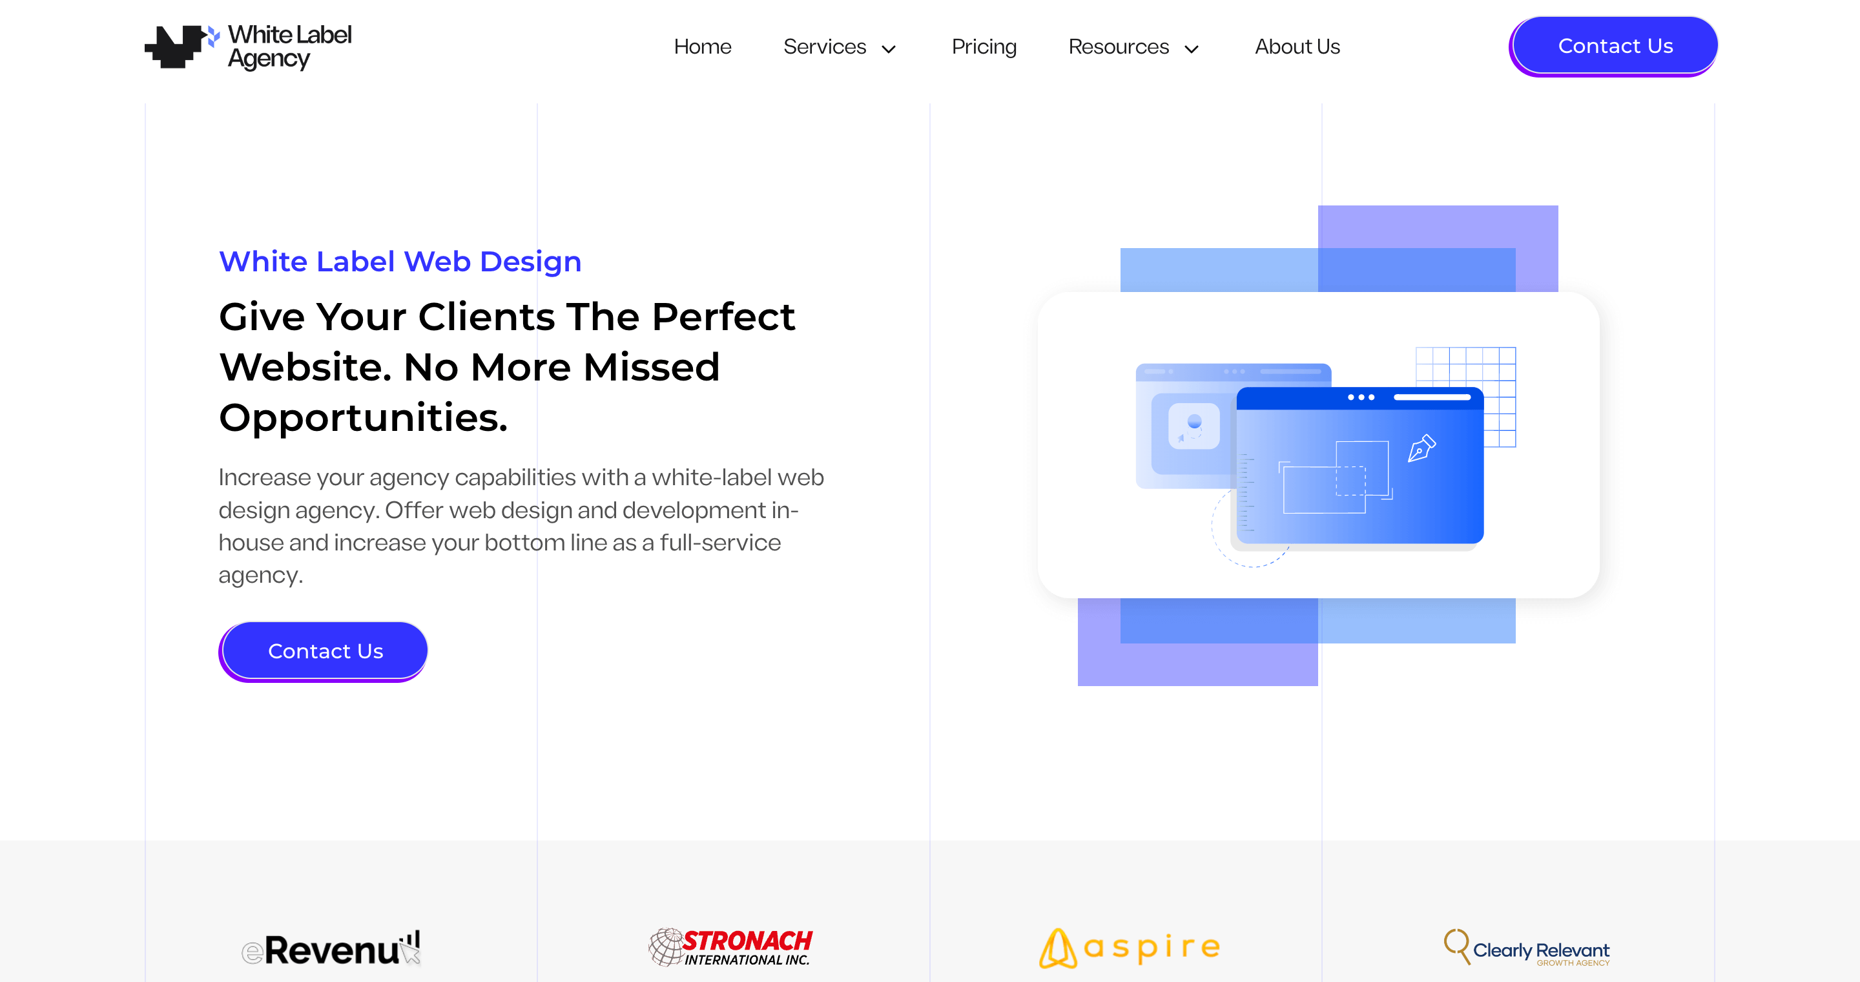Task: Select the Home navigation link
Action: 703,47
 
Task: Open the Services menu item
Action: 825,47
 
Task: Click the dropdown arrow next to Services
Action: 889,49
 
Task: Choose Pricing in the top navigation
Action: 984,47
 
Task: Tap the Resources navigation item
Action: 1119,47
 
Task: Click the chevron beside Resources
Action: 1192,49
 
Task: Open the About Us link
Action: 1297,47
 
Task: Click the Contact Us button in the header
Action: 1614,47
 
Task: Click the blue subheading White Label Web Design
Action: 400,262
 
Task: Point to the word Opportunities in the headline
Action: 363,418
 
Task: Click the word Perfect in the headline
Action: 723,317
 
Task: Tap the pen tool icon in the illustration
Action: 1421,448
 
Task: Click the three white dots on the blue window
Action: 1361,397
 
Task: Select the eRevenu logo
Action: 331,948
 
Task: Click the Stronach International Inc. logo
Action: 730,947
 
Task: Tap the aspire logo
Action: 1130,948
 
